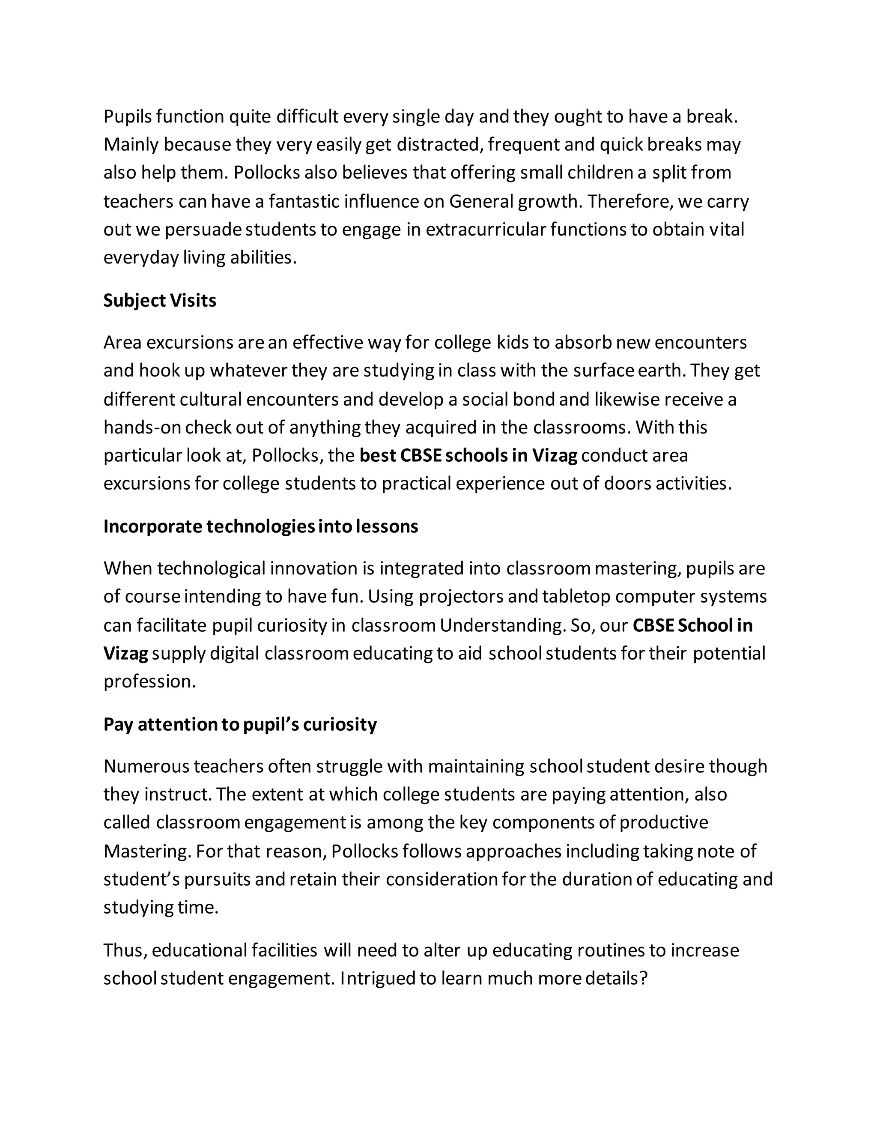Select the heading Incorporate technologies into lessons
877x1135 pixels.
click(x=260, y=526)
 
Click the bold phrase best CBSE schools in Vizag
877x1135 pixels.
click(x=468, y=455)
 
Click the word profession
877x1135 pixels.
click(x=149, y=681)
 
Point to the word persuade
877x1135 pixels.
click(x=203, y=229)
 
